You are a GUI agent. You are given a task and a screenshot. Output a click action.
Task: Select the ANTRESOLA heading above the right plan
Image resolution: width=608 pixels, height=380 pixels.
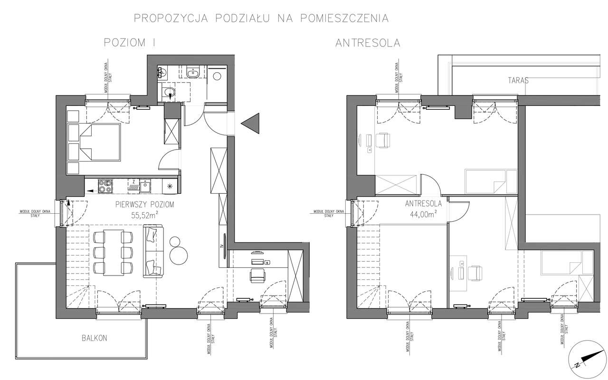[x=368, y=43]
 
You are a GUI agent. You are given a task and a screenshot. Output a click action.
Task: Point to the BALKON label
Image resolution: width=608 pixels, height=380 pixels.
[x=94, y=338]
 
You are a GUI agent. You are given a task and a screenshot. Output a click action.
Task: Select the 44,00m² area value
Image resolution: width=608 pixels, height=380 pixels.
[x=423, y=214]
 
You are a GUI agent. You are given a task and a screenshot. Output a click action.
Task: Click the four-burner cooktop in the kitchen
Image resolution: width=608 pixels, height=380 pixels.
[x=104, y=186]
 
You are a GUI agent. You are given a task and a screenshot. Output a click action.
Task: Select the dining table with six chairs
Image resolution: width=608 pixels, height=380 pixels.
[x=113, y=252]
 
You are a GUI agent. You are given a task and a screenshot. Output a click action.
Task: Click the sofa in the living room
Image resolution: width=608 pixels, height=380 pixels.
[x=153, y=252]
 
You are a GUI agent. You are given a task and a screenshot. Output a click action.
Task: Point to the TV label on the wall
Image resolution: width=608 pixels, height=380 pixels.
[x=222, y=246]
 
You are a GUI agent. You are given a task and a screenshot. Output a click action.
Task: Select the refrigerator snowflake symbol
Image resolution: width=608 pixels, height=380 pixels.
[x=169, y=187]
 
